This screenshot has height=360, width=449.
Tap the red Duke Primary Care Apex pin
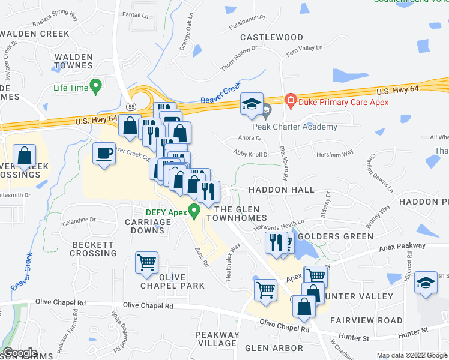[291, 99]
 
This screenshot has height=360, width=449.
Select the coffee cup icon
[104, 153]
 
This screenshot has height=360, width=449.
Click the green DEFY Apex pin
[194, 211]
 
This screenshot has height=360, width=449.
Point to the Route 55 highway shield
[130, 106]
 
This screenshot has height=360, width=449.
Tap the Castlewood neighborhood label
[272, 37]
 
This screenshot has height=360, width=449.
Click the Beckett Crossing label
[93, 249]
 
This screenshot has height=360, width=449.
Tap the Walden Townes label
[74, 61]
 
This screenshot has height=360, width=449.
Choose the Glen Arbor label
[274, 348]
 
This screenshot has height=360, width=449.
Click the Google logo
[20, 353]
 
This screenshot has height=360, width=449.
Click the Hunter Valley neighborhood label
[359, 296]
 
